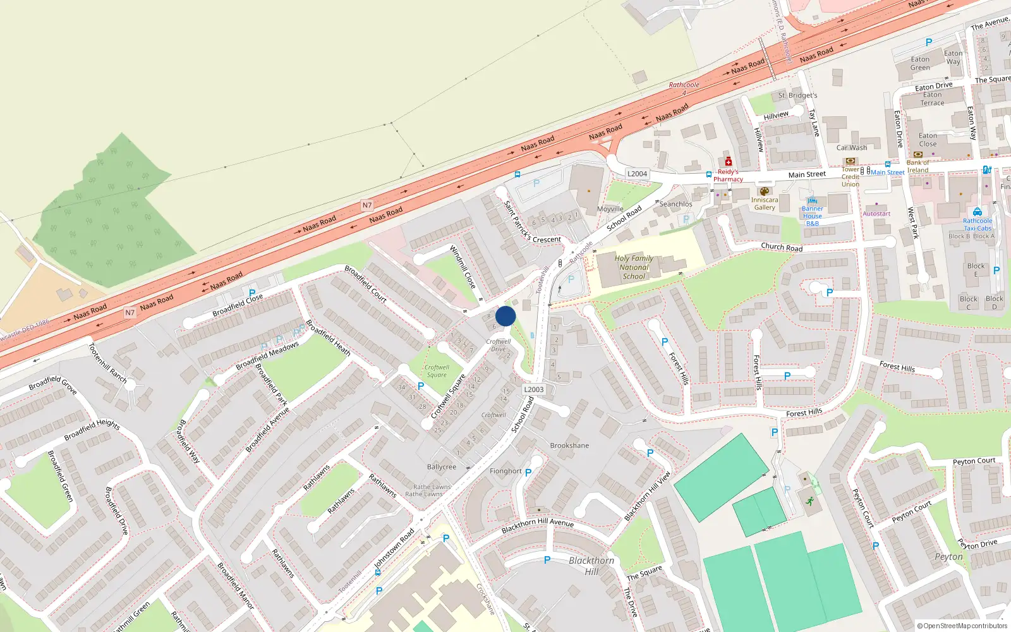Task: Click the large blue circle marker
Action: tap(505, 316)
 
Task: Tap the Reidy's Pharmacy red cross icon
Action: tap(728, 161)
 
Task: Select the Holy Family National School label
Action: tap(634, 267)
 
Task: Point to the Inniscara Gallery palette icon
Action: tap(764, 191)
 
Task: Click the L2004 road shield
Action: tap(637, 174)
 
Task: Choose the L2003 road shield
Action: tap(533, 389)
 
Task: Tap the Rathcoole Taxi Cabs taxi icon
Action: tap(977, 212)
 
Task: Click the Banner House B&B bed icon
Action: tap(812, 200)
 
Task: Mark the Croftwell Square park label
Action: tap(437, 371)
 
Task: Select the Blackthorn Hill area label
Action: tap(591, 566)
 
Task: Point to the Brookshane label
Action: tap(569, 446)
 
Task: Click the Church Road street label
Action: tap(782, 247)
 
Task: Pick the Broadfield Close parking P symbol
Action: tap(252, 293)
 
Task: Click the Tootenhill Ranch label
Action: tap(107, 364)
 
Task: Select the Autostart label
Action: tap(876, 214)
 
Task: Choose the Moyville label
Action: tap(610, 209)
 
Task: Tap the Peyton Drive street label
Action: tap(978, 544)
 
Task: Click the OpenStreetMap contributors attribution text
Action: tap(962, 626)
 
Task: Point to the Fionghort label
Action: tap(505, 471)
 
